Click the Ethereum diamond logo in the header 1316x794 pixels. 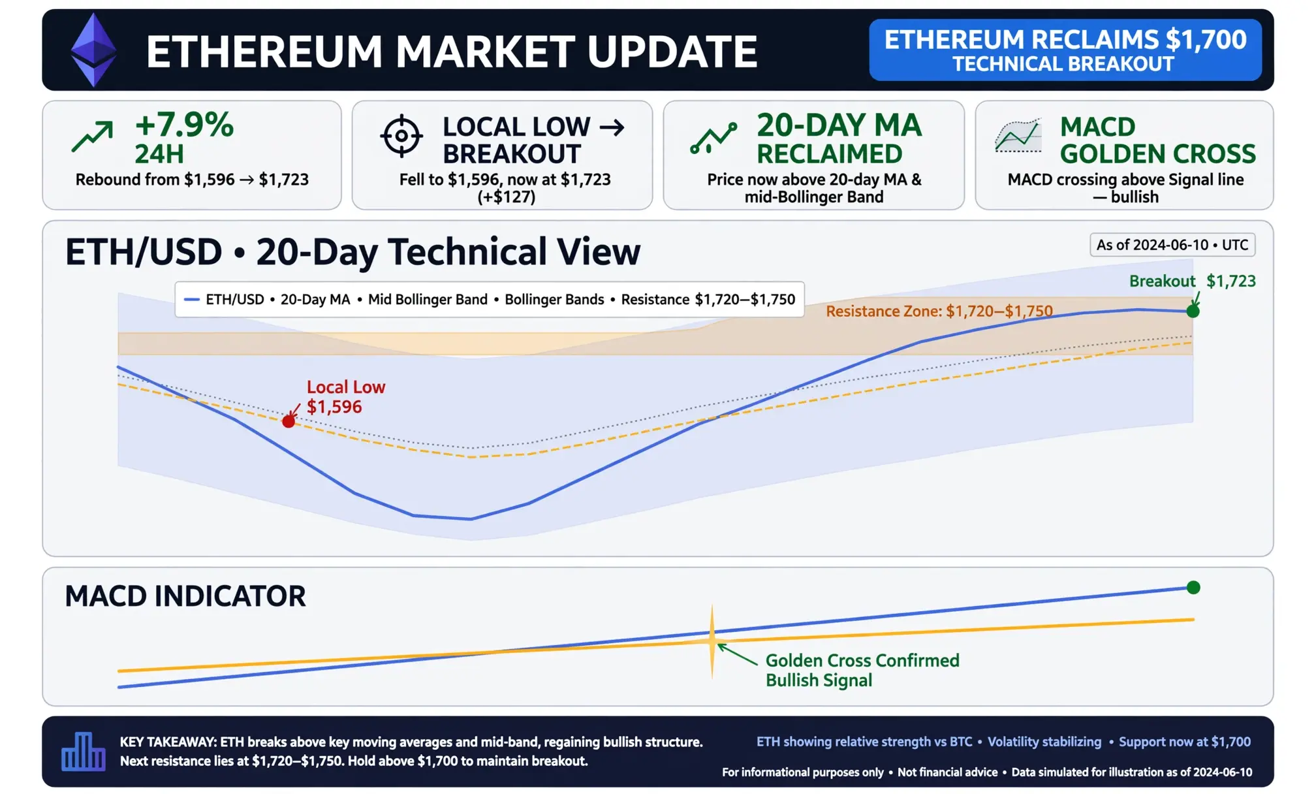93,50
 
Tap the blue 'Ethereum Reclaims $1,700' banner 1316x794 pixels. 1065,50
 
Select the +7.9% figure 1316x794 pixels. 184,124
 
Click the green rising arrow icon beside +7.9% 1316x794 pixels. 92,136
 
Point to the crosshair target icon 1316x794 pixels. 401,136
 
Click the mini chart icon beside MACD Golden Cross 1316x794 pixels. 1018,136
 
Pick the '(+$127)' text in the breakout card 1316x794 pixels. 507,197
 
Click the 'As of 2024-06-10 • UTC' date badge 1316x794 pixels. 1172,245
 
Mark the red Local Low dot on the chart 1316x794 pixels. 289,421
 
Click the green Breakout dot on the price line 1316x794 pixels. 1193,311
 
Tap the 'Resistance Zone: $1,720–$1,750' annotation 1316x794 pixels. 939,311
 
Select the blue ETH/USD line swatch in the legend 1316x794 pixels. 191,300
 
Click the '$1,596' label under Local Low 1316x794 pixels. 334,407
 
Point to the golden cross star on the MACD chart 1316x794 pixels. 712,641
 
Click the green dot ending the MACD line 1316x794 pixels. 1193,588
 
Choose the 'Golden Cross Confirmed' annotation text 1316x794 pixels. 862,660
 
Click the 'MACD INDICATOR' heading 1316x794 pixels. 185,596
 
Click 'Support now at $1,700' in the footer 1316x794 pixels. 1185,742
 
